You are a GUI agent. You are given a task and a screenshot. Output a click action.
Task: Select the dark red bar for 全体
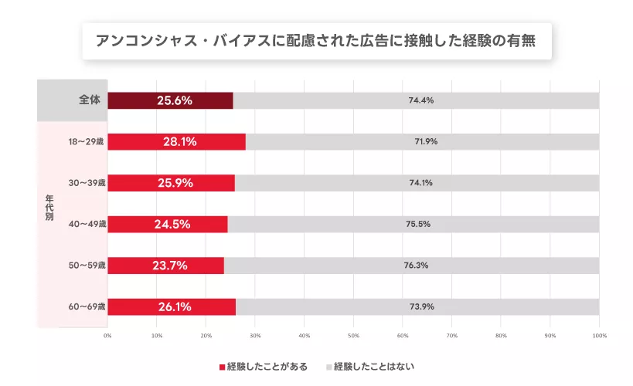tap(170, 100)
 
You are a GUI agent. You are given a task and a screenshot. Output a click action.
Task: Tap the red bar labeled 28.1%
tap(176, 142)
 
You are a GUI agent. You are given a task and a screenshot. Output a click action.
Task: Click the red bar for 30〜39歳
tap(171, 183)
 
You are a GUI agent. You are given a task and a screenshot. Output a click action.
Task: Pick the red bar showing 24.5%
tap(168, 225)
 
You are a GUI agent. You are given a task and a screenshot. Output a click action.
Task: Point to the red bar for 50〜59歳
tap(165, 266)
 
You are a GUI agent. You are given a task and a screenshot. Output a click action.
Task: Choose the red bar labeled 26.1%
tap(172, 306)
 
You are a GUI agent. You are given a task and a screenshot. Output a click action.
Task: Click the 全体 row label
tap(90, 100)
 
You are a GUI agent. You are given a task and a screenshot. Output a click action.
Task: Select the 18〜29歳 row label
tap(87, 142)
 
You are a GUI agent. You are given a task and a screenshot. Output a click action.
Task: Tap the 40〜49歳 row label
tap(87, 225)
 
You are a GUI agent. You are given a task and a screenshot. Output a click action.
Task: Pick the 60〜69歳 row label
tap(87, 306)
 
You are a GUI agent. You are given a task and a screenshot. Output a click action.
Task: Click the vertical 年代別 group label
tap(49, 205)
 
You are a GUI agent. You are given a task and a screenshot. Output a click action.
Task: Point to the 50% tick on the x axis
tap(353, 336)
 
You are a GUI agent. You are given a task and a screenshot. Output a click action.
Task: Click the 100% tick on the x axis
tap(598, 336)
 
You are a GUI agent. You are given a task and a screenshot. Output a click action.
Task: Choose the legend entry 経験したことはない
tap(376, 367)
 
